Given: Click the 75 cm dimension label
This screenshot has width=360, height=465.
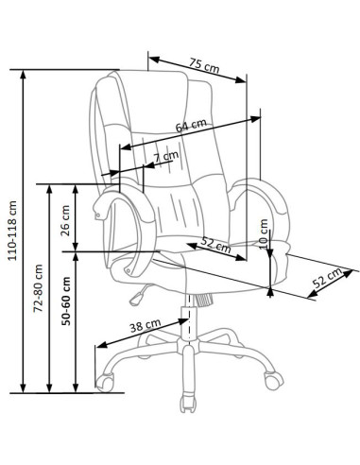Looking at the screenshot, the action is click(204, 65).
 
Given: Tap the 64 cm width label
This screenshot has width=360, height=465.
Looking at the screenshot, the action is click(191, 125).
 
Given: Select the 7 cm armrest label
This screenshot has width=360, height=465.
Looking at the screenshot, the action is click(166, 156).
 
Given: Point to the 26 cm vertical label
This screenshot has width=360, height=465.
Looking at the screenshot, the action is click(65, 220).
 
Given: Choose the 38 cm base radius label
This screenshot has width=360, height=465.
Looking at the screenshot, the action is click(146, 325).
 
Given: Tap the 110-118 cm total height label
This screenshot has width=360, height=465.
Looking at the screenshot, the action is click(12, 231).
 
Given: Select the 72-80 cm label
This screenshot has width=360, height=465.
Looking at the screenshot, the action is click(38, 288).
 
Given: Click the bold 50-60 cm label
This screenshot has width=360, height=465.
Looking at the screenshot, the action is click(66, 301).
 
